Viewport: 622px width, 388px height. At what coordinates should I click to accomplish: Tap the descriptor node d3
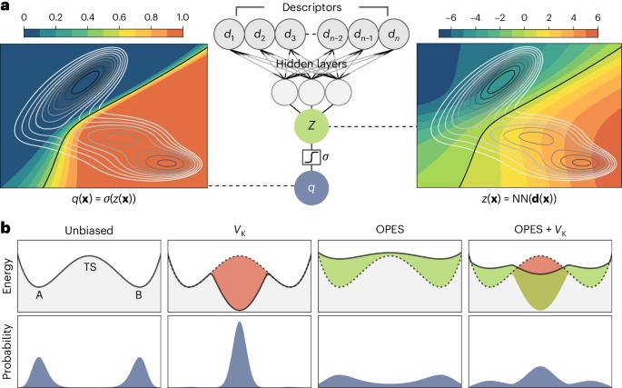point(291,35)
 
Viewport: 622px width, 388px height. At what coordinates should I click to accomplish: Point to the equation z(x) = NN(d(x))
point(521,196)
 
